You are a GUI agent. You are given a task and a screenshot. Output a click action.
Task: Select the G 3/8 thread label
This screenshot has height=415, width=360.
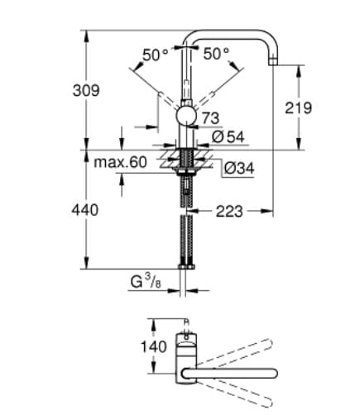pyautogui.click(x=145, y=281)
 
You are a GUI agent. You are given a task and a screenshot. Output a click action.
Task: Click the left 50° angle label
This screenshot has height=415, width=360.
pyautogui.click(x=154, y=55)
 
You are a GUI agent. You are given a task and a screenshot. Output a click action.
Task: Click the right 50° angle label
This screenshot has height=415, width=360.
pyautogui.click(x=216, y=55)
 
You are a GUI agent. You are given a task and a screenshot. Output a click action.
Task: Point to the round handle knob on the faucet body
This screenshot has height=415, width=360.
pyautogui.click(x=186, y=115)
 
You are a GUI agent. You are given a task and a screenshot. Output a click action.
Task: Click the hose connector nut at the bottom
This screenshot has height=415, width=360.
pyautogui.click(x=185, y=264)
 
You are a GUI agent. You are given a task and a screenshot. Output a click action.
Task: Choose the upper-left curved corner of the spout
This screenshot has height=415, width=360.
pyautogui.click(x=192, y=37)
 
